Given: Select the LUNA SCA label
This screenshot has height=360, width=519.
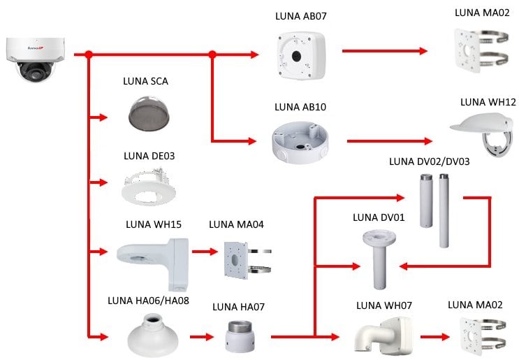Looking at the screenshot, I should click(x=145, y=81).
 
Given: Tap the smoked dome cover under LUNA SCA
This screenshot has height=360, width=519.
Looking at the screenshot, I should click(x=145, y=111).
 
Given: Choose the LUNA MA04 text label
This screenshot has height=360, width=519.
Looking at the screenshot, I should click(x=237, y=225).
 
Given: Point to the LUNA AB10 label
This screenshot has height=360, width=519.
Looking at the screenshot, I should click(x=300, y=107).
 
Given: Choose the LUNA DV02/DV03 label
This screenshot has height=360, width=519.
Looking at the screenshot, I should click(x=429, y=161).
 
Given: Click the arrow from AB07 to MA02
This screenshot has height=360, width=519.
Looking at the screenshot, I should click(x=384, y=51).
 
